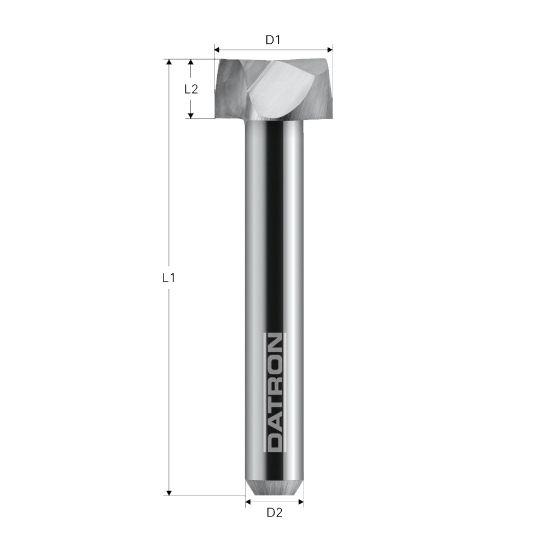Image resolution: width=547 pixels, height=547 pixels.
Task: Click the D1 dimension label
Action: point(273,40)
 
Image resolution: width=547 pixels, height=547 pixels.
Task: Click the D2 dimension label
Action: point(274,513)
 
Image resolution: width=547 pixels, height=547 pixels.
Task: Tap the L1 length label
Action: point(169,278)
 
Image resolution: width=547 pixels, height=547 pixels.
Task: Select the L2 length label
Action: point(190,89)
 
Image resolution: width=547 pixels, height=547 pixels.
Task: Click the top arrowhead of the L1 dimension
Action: point(169,62)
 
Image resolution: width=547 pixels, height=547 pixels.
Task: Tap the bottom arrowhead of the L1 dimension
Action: point(169,492)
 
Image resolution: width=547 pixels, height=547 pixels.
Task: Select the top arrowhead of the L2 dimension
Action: point(190,62)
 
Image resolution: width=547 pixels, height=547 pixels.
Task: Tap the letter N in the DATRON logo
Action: point(274,346)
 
